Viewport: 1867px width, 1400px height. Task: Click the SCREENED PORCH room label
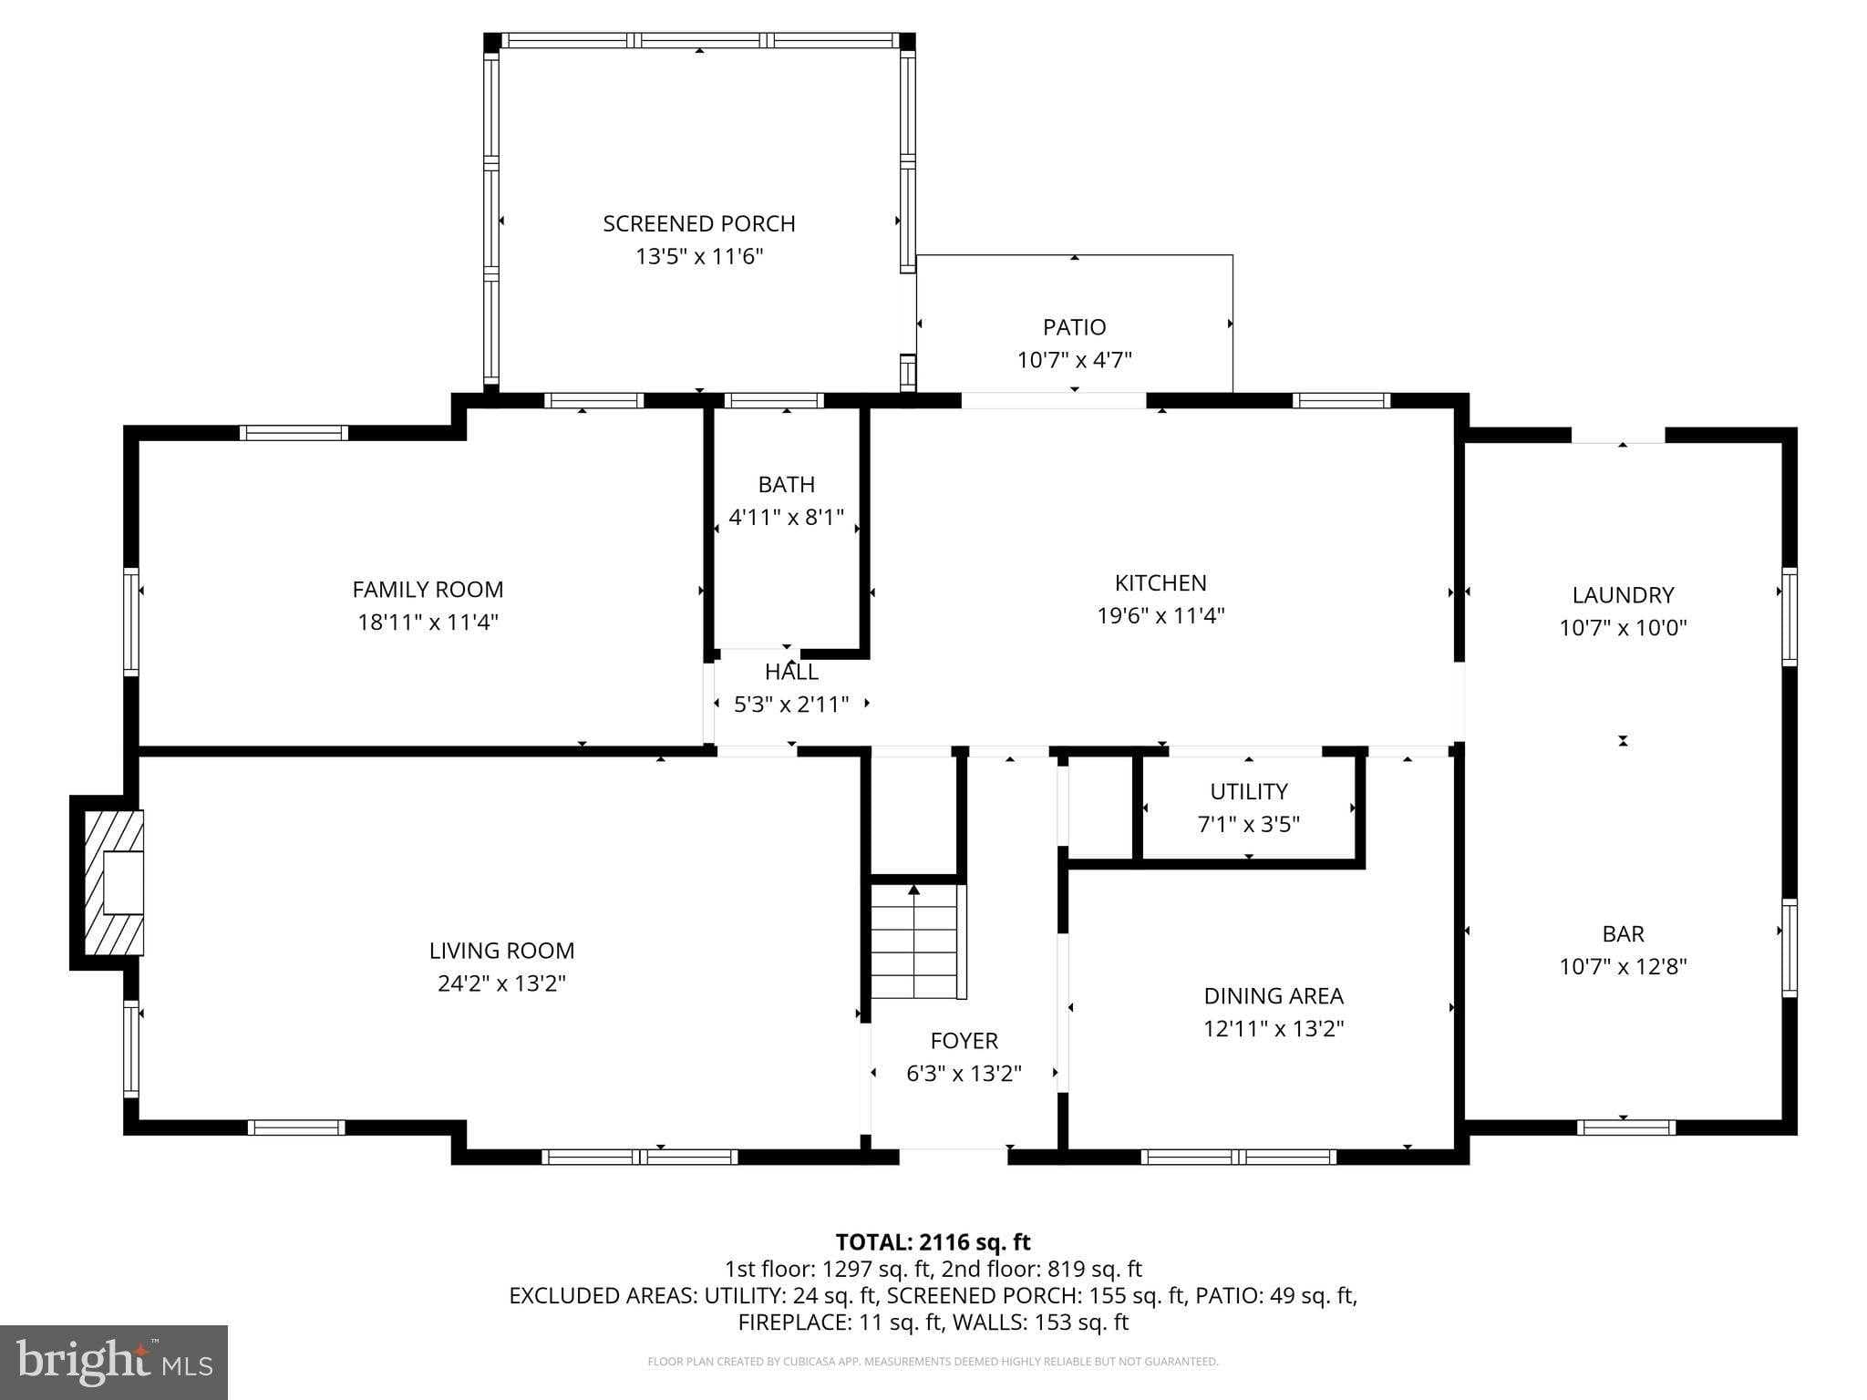point(699,223)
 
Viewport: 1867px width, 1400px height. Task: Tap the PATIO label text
point(1075,326)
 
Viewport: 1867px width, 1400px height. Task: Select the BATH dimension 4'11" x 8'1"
point(787,517)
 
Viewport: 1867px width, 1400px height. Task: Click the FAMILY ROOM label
point(428,589)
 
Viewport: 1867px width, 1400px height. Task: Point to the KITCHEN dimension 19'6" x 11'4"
point(1160,615)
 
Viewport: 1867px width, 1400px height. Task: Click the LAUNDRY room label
point(1623,594)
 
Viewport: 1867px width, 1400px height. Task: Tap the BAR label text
point(1623,933)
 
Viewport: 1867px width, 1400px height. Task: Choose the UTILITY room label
point(1249,791)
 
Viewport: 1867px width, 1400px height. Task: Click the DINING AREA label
point(1274,995)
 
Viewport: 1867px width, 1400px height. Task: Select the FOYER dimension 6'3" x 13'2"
point(964,1074)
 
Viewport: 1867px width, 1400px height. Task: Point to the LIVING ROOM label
point(501,950)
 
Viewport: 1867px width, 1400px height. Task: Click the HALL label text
point(791,672)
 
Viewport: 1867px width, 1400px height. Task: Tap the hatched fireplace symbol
point(114,882)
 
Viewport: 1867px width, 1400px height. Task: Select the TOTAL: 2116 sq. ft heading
point(933,1241)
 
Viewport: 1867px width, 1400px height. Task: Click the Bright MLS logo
point(114,1362)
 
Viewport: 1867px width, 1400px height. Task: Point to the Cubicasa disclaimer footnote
point(933,1362)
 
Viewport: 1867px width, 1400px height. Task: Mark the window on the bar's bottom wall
point(1626,1127)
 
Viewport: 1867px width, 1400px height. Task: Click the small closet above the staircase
point(913,814)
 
